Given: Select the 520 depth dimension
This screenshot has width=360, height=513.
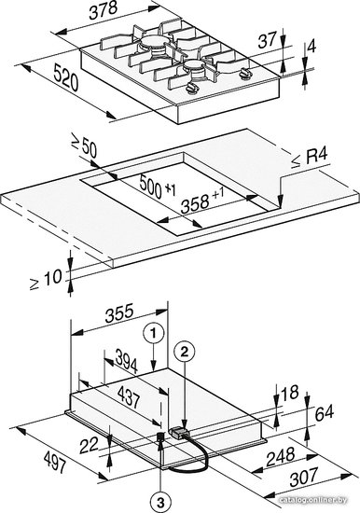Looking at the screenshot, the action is click(x=66, y=77).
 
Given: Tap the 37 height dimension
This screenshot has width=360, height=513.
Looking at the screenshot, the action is click(x=268, y=40).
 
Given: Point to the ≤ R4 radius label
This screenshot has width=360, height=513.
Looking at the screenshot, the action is click(x=310, y=159).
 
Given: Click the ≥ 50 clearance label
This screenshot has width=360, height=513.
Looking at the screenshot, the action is click(x=84, y=147).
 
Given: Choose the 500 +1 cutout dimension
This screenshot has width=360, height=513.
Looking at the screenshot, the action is click(x=158, y=187).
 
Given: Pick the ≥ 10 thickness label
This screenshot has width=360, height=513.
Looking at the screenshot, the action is click(x=46, y=280).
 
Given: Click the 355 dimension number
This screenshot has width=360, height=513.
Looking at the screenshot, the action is click(x=119, y=313).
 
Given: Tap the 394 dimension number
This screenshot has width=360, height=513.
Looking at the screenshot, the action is click(x=127, y=361).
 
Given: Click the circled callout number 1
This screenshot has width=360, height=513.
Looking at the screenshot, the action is click(x=153, y=333).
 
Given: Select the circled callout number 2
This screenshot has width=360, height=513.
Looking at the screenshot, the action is click(x=185, y=352).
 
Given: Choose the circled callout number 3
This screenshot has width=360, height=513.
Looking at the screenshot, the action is click(x=160, y=503).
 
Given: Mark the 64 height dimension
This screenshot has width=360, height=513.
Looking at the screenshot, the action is click(x=324, y=413).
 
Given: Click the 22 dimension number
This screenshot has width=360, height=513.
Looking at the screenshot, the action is click(x=89, y=446).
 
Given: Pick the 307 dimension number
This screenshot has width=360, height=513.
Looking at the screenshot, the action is click(x=304, y=477).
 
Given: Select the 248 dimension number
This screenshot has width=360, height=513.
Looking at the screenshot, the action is click(x=281, y=457).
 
